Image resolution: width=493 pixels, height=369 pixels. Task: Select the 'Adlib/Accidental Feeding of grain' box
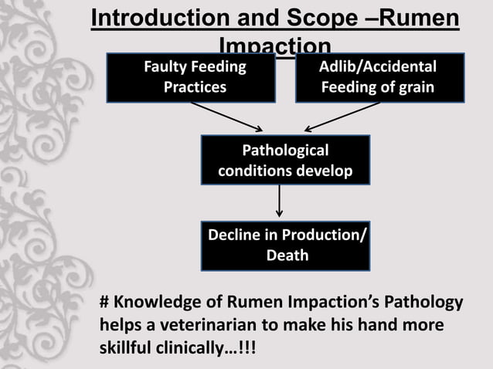[379, 77]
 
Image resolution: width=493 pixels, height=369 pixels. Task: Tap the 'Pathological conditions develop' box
[285, 160]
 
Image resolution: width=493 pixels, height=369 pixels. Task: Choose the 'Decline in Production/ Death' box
[285, 245]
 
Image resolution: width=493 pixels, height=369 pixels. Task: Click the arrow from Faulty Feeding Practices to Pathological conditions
[227, 117]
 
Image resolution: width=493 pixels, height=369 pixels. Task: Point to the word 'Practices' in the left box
[195, 87]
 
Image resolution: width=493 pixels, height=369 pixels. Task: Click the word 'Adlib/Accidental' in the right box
[379, 67]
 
